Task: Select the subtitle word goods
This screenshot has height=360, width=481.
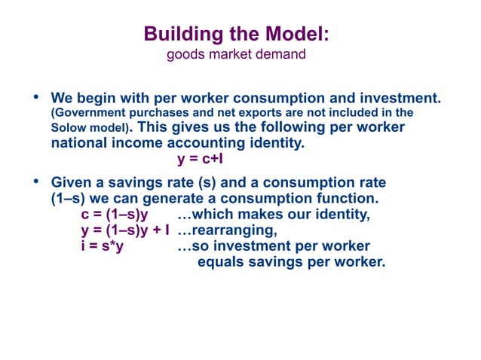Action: tap(183, 54)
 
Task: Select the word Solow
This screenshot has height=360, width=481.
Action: tap(69, 129)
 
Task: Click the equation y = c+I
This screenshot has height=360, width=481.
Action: tap(200, 159)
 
